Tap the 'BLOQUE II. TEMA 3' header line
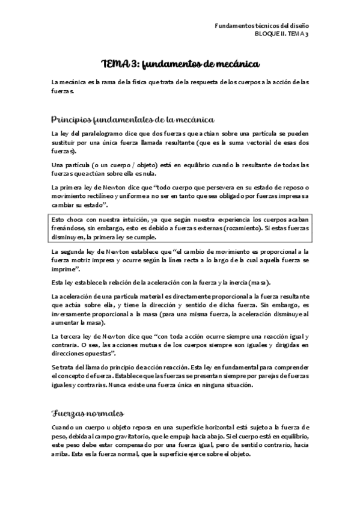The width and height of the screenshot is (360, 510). (x=281, y=35)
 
